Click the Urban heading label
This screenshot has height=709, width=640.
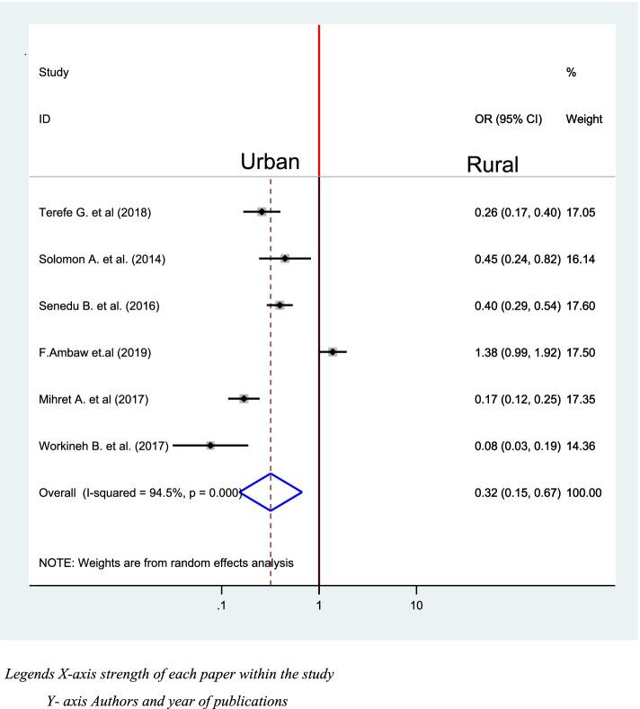[281, 163]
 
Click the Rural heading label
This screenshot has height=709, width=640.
[493, 165]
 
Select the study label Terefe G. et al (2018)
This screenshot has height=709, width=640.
[94, 213]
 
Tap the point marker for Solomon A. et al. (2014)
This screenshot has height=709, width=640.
[285, 259]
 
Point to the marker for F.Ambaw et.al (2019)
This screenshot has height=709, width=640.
[333, 352]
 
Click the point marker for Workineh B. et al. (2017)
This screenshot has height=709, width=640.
[210, 445]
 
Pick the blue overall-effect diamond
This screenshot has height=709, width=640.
[271, 492]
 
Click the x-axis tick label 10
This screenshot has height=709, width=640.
[416, 605]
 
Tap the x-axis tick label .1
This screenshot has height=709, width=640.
[220, 605]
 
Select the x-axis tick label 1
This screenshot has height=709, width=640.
[319, 605]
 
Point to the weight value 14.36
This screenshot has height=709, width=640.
[584, 446]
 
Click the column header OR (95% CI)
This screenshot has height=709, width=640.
[508, 119]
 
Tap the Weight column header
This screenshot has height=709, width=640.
[584, 119]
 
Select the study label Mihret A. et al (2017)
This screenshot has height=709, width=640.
[94, 399]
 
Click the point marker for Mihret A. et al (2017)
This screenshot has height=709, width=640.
[244, 398]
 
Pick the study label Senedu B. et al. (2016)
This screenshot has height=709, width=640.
[99, 306]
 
